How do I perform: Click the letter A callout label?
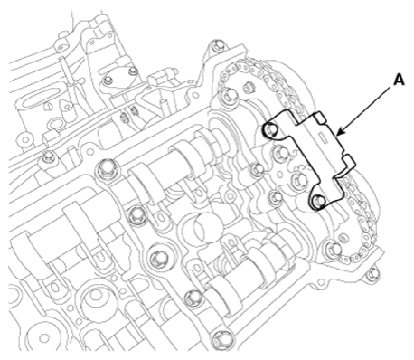click(399, 81)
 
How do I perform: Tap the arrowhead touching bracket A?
click(339, 132)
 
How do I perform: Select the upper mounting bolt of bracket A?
click(270, 130)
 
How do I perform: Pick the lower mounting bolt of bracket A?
click(318, 201)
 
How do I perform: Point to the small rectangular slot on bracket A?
click(325, 137)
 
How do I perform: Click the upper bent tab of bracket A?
click(320, 118)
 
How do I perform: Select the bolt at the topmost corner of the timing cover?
click(216, 45)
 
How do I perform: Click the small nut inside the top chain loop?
click(249, 88)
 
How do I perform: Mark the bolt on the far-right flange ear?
click(372, 273)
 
